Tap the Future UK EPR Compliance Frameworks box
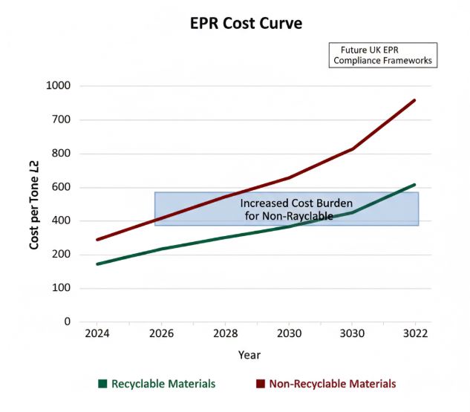(383, 55)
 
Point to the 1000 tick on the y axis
(57, 86)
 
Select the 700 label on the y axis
(60, 120)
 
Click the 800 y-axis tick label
(60, 154)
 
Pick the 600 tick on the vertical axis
(60, 187)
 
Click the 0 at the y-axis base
(68, 322)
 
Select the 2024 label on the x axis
(97, 334)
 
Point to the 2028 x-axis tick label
(224, 334)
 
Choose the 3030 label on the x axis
(352, 334)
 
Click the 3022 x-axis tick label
(415, 334)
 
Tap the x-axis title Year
(249, 356)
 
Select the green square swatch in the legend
(103, 384)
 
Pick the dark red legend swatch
(260, 384)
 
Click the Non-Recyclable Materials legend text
(332, 384)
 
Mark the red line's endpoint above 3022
(414, 100)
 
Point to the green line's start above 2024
(97, 264)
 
